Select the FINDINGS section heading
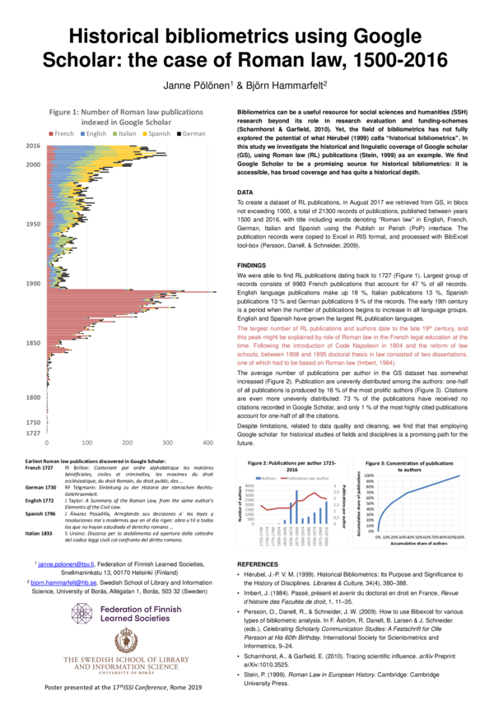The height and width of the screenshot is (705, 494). pyautogui.click(x=253, y=244)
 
